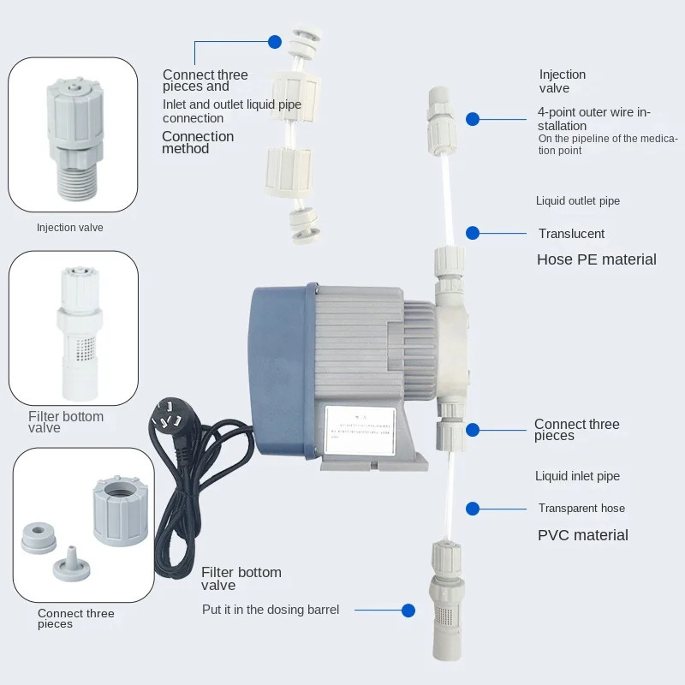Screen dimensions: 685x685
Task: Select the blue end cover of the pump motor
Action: coord(272,360)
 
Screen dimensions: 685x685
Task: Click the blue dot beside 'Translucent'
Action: coord(473,233)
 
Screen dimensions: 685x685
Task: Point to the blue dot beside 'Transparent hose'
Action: coord(473,509)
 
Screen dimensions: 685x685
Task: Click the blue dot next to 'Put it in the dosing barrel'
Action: coord(408,611)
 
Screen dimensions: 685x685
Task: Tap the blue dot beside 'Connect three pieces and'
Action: coord(275,41)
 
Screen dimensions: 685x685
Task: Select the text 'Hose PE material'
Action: coord(596,259)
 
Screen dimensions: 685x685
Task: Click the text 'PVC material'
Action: coord(582,535)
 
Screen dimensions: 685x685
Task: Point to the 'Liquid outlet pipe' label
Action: coord(577,201)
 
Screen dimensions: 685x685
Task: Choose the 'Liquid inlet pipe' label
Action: coord(577,476)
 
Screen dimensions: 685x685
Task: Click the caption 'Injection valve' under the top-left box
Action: coord(69,228)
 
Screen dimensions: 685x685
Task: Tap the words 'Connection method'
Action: coord(197,142)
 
